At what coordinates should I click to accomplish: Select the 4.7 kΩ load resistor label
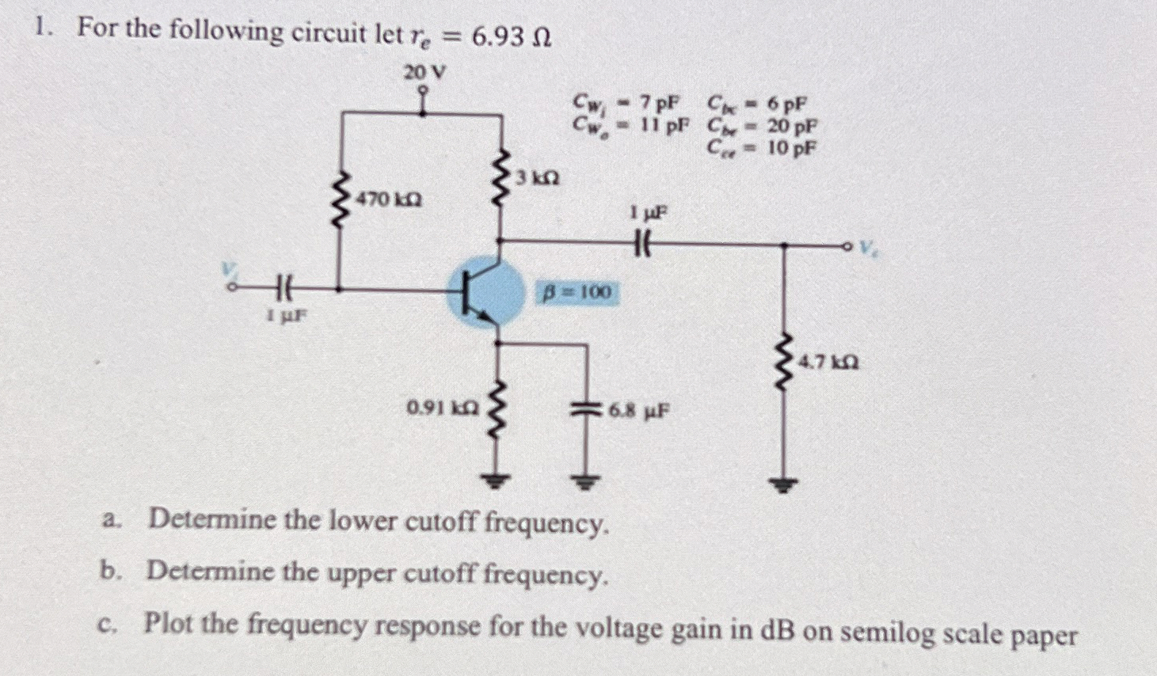(828, 363)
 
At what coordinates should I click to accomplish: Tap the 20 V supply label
(424, 73)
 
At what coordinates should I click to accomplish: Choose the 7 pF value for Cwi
(659, 103)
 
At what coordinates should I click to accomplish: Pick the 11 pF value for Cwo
(664, 124)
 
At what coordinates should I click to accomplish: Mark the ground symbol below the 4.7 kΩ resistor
(784, 484)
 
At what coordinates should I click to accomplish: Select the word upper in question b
(367, 572)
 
